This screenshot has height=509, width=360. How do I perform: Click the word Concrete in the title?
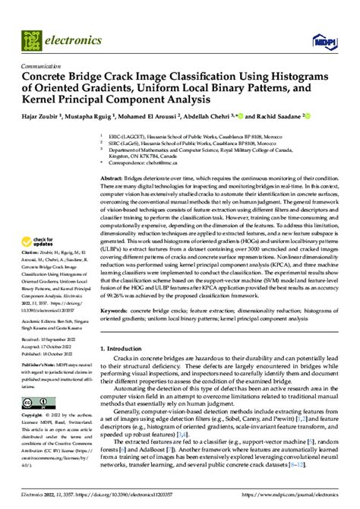(x=52, y=77)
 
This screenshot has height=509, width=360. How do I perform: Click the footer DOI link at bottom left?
(x=91, y=495)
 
